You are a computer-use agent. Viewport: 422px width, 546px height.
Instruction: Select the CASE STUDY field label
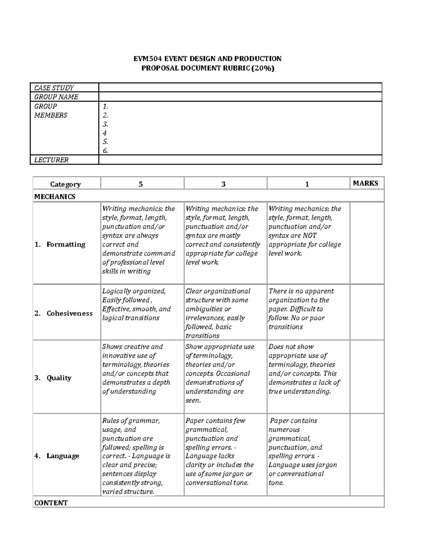pos(54,88)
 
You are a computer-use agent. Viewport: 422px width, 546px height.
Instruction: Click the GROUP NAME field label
pos(56,97)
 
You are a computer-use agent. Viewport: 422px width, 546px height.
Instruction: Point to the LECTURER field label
pos(51,160)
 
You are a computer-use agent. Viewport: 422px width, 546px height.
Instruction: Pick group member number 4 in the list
pos(104,133)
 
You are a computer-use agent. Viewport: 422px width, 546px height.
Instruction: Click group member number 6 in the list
pos(105,151)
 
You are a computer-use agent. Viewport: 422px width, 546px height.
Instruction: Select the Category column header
pos(65,184)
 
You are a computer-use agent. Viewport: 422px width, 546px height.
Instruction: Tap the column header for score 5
pos(141,184)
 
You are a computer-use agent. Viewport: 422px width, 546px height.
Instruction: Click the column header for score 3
pos(224,184)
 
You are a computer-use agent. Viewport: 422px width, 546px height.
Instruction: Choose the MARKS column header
pos(365,183)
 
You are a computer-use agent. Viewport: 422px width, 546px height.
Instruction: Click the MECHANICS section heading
pos(55,197)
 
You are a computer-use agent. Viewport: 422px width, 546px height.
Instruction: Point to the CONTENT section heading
pos(51,503)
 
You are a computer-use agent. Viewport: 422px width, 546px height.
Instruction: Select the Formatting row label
pos(66,244)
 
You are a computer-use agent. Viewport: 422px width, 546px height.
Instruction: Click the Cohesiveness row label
pos(69,313)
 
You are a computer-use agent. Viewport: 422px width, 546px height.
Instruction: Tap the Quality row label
pos(59,378)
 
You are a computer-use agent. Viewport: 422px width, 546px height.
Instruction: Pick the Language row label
pos(63,456)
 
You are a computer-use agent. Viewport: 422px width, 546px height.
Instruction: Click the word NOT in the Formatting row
pos(309,236)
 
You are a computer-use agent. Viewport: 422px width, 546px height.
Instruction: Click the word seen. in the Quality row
pos(193,400)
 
